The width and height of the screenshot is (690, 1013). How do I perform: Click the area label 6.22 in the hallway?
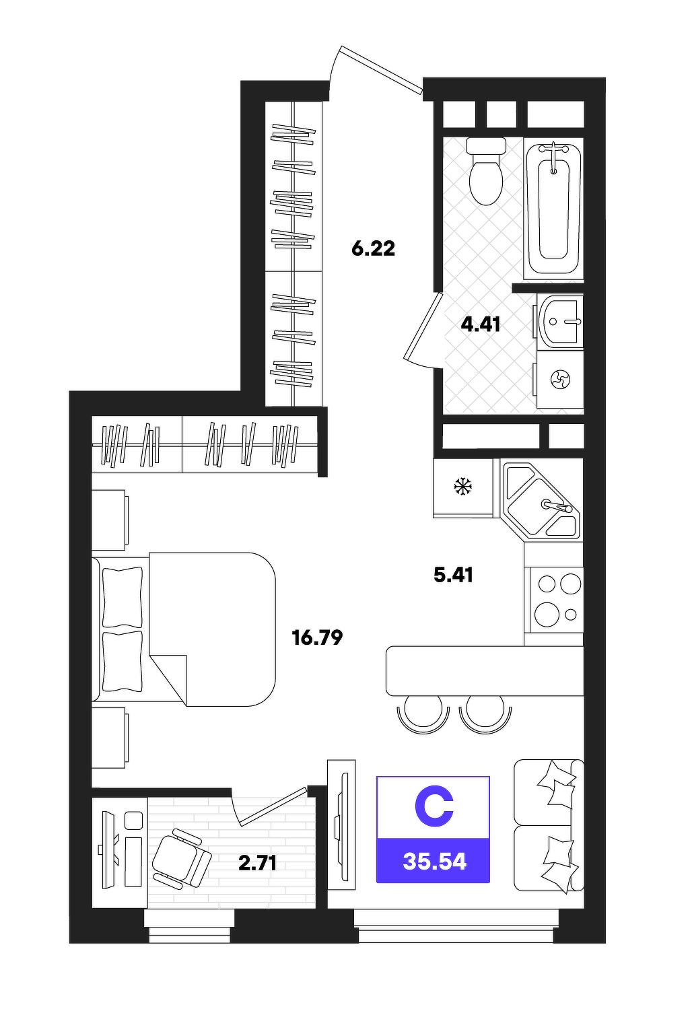(x=374, y=249)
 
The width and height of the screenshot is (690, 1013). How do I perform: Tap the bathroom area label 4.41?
(x=480, y=324)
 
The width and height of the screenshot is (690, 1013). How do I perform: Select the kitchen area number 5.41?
(x=453, y=575)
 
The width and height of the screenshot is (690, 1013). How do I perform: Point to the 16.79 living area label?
(x=317, y=637)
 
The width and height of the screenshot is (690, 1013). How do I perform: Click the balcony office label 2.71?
(x=257, y=864)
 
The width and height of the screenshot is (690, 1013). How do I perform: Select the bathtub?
(x=553, y=208)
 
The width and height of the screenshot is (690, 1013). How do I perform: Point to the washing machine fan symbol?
(x=560, y=380)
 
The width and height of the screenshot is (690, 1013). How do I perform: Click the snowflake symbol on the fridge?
(x=463, y=487)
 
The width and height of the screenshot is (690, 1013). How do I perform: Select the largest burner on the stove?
(x=547, y=615)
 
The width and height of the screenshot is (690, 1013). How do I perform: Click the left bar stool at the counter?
(x=423, y=718)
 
